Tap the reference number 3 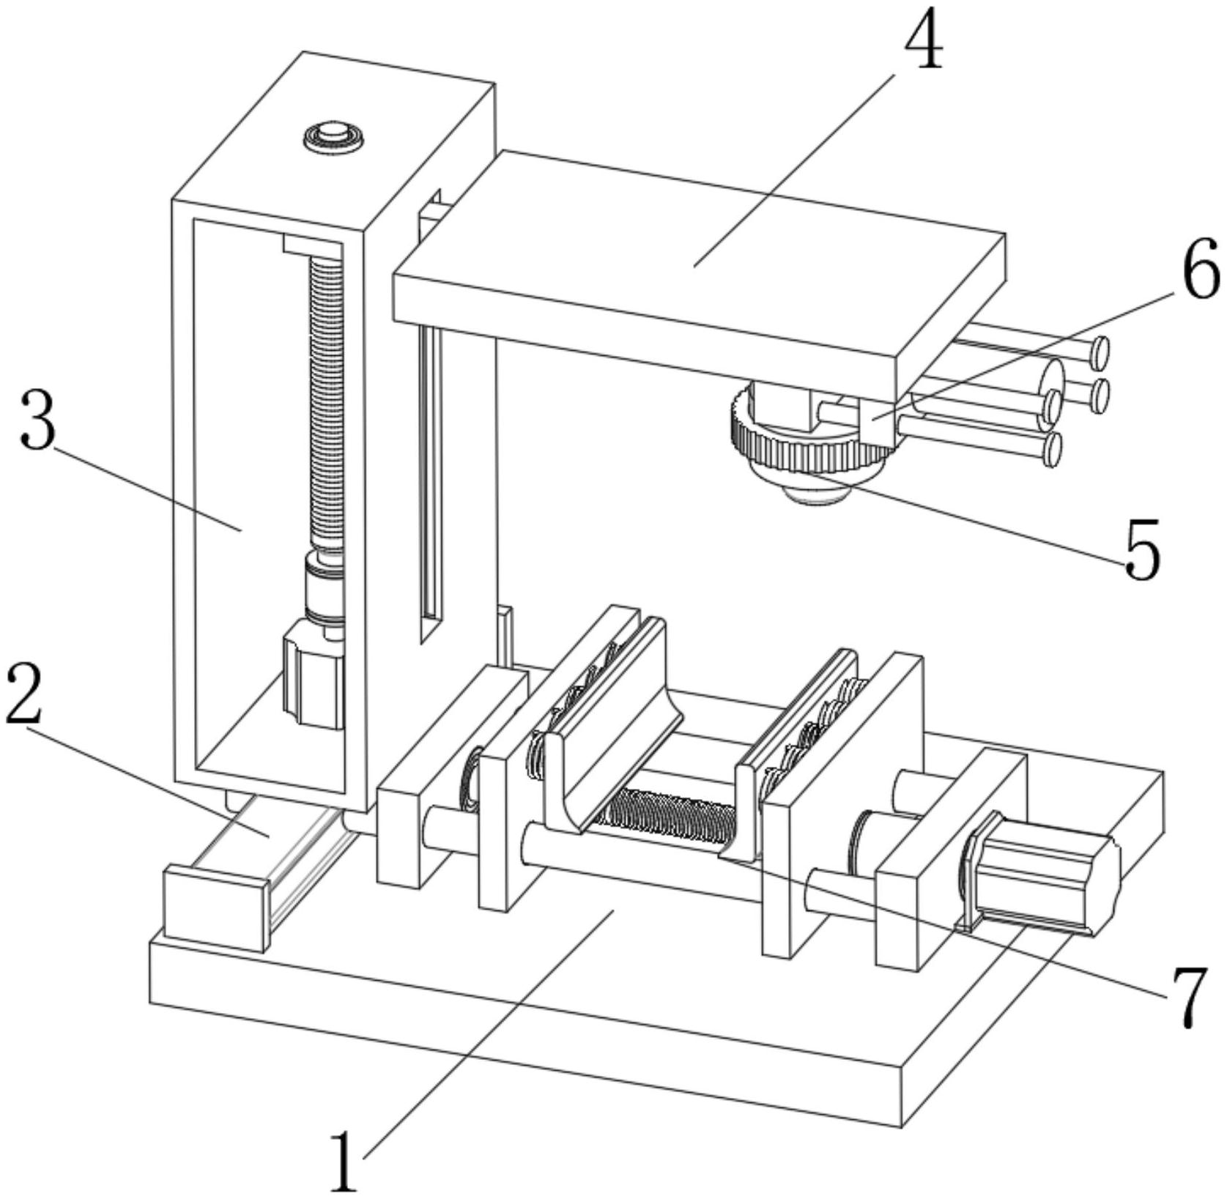pyautogui.click(x=38, y=419)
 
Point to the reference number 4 pyautogui.click(x=923, y=40)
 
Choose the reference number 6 pyautogui.click(x=1200, y=269)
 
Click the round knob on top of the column pyautogui.click(x=334, y=137)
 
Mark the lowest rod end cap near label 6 pyautogui.click(x=1053, y=449)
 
